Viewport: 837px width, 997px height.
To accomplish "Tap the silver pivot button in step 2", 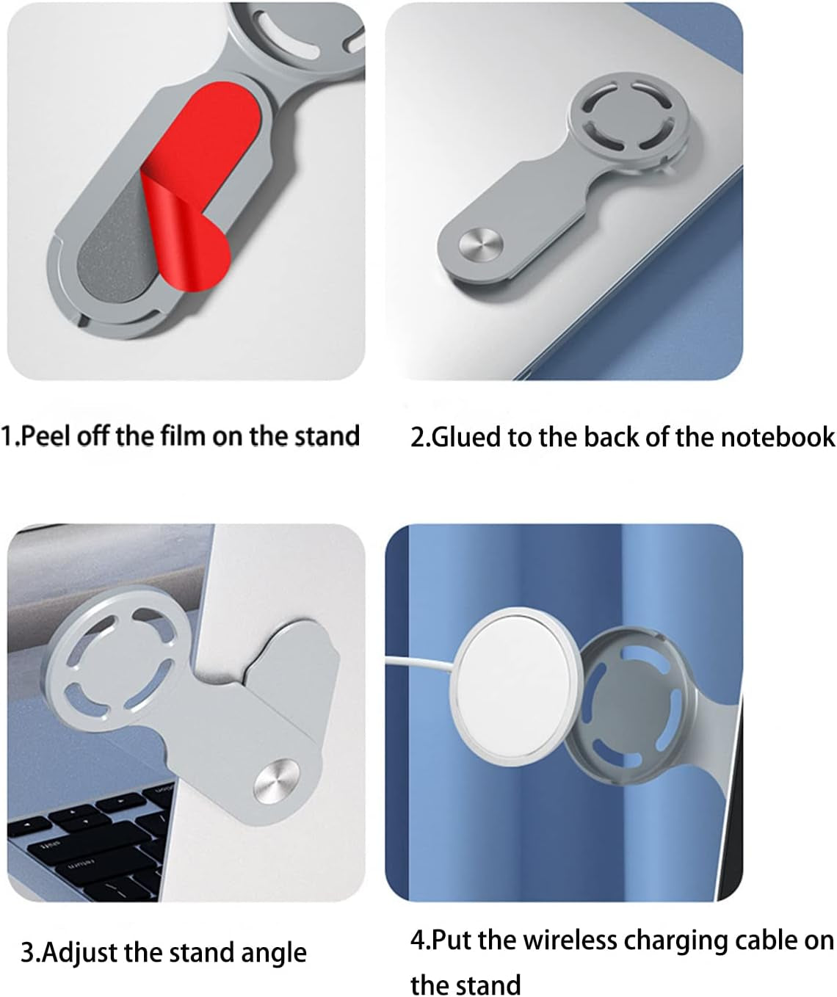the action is click(481, 245).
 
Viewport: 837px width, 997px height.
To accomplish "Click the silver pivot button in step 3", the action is click(276, 780).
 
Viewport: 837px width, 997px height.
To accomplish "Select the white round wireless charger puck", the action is click(515, 686).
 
